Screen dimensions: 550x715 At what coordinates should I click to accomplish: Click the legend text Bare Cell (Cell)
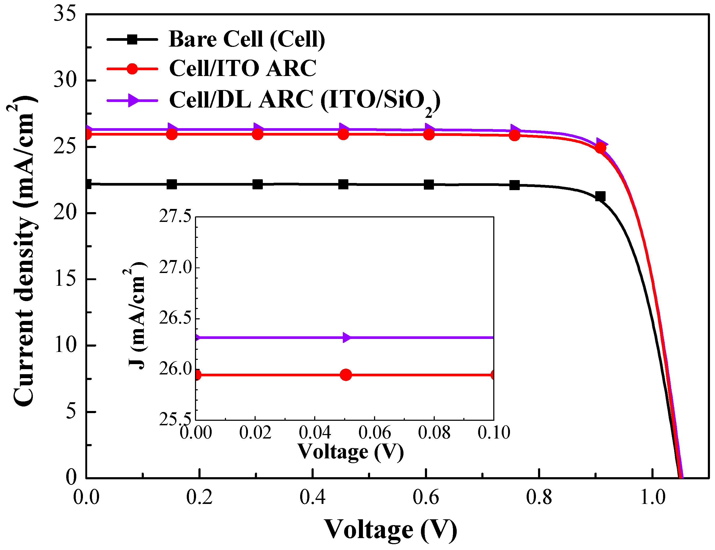[247, 39]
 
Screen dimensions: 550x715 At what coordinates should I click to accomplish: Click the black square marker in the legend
[132, 39]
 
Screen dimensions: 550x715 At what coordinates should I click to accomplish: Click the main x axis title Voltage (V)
[390, 529]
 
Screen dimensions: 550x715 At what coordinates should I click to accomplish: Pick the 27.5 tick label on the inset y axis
[175, 216]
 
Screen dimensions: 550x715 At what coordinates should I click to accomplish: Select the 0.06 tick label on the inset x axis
[374, 432]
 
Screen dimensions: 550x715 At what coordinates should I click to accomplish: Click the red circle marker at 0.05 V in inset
[346, 375]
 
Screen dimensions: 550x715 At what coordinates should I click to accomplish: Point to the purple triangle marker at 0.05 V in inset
[346, 337]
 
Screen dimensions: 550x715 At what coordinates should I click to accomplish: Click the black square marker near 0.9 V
[600, 196]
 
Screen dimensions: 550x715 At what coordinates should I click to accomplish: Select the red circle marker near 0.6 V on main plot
[429, 134]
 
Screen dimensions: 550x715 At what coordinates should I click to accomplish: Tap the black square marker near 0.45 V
[343, 184]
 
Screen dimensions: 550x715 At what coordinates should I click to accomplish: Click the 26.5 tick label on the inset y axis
[175, 318]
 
